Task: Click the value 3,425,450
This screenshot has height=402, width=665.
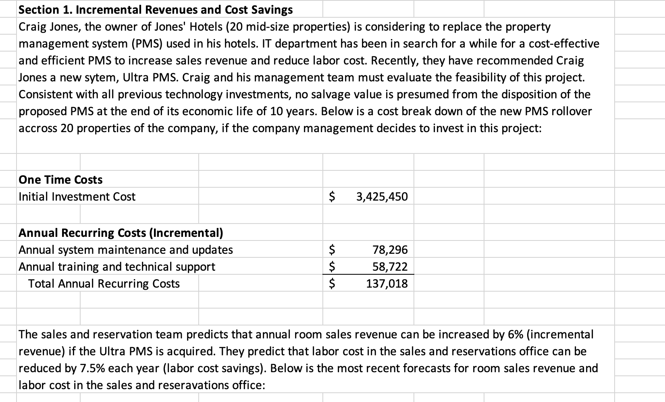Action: pyautogui.click(x=382, y=197)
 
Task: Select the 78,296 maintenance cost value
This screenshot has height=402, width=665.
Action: pyautogui.click(x=390, y=250)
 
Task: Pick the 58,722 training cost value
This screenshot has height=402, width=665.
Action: pyautogui.click(x=390, y=267)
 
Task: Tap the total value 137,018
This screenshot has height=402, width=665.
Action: pyautogui.click(x=387, y=284)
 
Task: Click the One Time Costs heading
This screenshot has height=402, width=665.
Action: pyautogui.click(x=60, y=180)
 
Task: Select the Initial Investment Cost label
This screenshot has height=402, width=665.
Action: pyautogui.click(x=77, y=197)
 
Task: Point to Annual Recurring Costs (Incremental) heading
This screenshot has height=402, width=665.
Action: pyautogui.click(x=121, y=233)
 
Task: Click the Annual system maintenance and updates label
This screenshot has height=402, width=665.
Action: pyautogui.click(x=126, y=250)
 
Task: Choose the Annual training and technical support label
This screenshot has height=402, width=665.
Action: pyautogui.click(x=117, y=267)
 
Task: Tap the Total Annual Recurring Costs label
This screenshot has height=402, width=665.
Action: pyautogui.click(x=104, y=284)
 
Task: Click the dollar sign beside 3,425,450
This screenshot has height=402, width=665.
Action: pyautogui.click(x=332, y=197)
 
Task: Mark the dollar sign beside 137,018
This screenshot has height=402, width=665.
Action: pyautogui.click(x=332, y=284)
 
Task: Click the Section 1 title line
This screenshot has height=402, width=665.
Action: pyautogui.click(x=156, y=10)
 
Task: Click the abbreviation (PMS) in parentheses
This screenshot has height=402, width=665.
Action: pyautogui.click(x=148, y=44)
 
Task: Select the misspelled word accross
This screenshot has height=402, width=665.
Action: pyautogui.click(x=38, y=128)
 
